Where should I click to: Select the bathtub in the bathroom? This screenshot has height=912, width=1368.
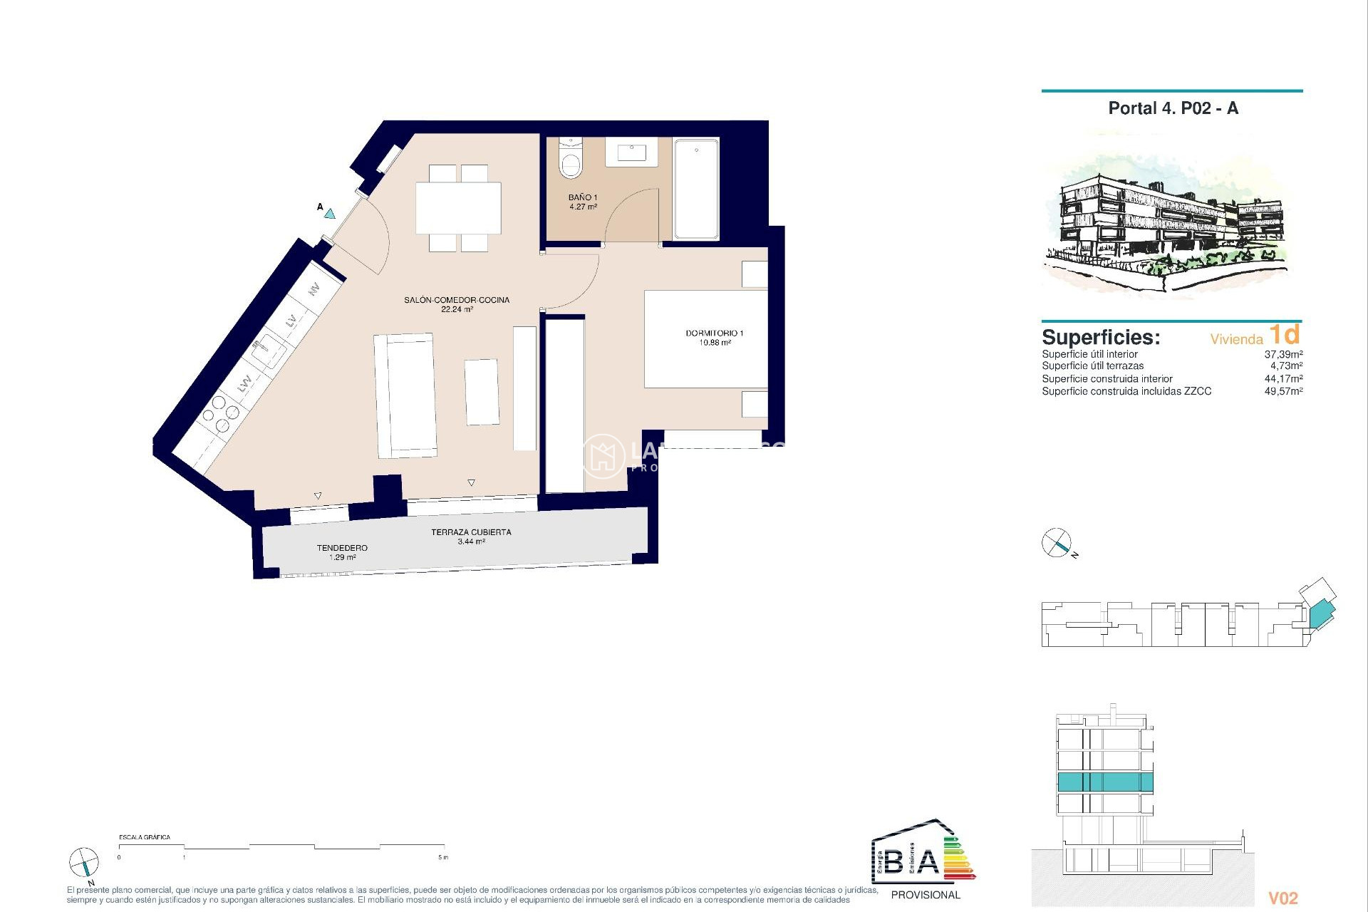pos(696,190)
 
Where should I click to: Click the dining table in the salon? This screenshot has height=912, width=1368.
pos(458,208)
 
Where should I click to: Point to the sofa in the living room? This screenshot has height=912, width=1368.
pos(405,395)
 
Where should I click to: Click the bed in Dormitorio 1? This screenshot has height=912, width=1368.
pos(705,338)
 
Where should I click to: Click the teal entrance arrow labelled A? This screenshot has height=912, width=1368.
pos(330,212)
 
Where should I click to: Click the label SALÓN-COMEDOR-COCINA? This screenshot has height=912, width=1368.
pos(457,300)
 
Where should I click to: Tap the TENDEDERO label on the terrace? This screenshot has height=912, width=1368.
pos(342,548)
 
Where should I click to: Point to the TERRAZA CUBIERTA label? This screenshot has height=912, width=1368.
pos(471,532)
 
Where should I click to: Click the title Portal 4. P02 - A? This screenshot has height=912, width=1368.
pos(1173,108)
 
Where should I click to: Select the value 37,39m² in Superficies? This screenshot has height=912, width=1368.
pos(1283,354)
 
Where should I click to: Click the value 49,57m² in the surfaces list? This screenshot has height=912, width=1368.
pos(1283,391)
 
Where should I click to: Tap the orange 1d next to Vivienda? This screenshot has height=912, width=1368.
pos(1285,334)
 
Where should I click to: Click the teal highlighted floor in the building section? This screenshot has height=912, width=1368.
pos(1104,782)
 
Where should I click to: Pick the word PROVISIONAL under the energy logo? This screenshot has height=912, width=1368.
pos(926,895)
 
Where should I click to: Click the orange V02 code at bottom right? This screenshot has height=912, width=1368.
pos(1283,898)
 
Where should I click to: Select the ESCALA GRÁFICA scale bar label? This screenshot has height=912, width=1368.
pos(145,837)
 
